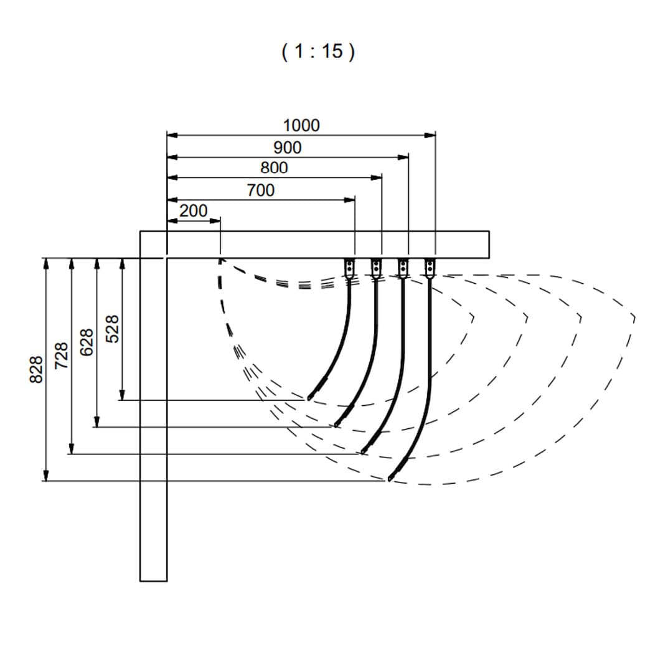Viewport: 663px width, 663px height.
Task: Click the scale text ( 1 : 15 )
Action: (318, 52)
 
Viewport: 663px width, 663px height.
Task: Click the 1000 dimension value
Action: (301, 126)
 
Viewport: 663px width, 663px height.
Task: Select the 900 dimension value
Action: (288, 148)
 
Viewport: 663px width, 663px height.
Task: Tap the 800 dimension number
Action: (274, 168)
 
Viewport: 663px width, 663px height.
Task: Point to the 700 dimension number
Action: (261, 190)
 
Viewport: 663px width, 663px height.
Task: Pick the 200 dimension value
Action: (194, 210)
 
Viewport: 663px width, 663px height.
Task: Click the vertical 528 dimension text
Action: (113, 329)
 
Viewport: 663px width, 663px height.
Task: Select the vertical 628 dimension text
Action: (87, 342)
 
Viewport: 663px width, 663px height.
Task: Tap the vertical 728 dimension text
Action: (61, 355)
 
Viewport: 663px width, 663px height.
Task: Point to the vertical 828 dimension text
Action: (36, 369)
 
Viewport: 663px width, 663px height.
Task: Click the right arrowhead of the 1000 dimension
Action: (430, 135)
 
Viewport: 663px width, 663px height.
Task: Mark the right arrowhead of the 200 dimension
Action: (215, 220)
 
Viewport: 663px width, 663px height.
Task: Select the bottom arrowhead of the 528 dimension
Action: (122, 395)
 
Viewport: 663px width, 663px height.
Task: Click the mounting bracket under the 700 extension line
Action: (349, 268)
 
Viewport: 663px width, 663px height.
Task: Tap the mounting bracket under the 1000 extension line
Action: (430, 268)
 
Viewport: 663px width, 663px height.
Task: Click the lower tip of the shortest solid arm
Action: (309, 398)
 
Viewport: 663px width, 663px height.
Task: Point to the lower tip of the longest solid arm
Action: (389, 479)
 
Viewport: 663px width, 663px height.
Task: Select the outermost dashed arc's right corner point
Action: (634, 317)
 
